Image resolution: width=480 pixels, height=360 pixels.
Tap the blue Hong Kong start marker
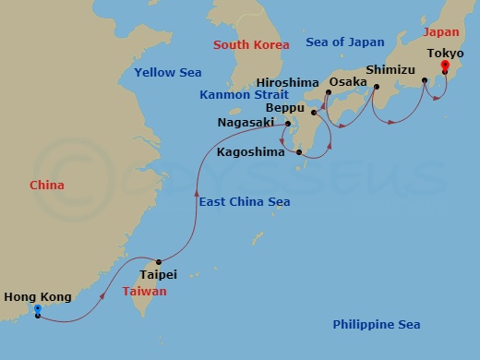click(x=37, y=310)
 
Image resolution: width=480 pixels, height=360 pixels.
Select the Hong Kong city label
click(x=36, y=296)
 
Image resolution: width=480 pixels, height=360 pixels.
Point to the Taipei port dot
click(x=159, y=261)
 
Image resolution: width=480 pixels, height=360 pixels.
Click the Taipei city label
click(x=157, y=274)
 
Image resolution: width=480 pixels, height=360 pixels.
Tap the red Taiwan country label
click(x=145, y=291)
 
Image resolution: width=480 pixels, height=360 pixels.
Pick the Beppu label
click(x=287, y=107)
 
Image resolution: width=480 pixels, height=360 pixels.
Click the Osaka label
click(x=347, y=81)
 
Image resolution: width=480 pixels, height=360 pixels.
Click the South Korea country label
click(x=251, y=44)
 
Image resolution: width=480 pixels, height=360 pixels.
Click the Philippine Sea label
click(x=376, y=324)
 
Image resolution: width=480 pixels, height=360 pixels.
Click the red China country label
click(x=47, y=185)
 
